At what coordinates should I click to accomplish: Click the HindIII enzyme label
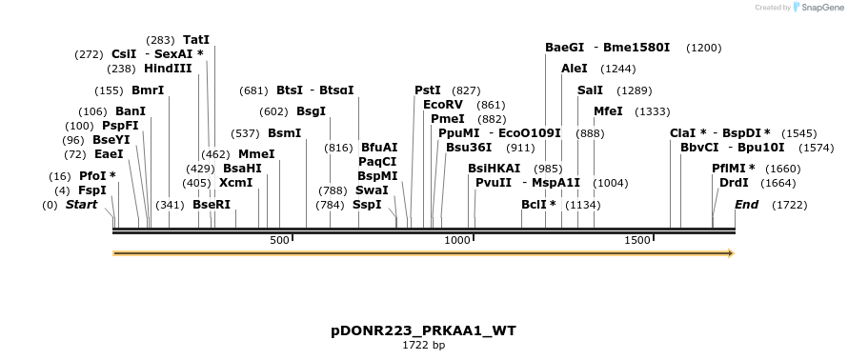pos(168,69)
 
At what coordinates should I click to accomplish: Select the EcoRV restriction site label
pos(443,104)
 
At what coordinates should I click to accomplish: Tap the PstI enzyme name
pos(428,90)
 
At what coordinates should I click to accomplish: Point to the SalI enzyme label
pos(590,90)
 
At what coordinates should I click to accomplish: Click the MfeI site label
pos(608,111)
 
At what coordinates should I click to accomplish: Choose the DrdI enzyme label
pos(734,182)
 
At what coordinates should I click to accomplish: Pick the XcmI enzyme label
pos(236,182)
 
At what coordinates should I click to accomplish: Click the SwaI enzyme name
pos(372,190)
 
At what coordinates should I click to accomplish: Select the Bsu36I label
pos(469,148)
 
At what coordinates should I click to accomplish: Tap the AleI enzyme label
pos(575,69)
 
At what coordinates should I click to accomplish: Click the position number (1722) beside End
pos(789,205)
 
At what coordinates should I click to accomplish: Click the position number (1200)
pos(703,48)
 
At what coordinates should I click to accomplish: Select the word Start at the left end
pos(81,204)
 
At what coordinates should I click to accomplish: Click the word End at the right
pos(748,204)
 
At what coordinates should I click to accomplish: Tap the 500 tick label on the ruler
pos(279,240)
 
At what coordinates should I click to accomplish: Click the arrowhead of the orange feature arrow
pos(730,253)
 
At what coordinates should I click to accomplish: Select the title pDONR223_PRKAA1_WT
pos(423,331)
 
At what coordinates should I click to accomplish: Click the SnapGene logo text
pos(819,7)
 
